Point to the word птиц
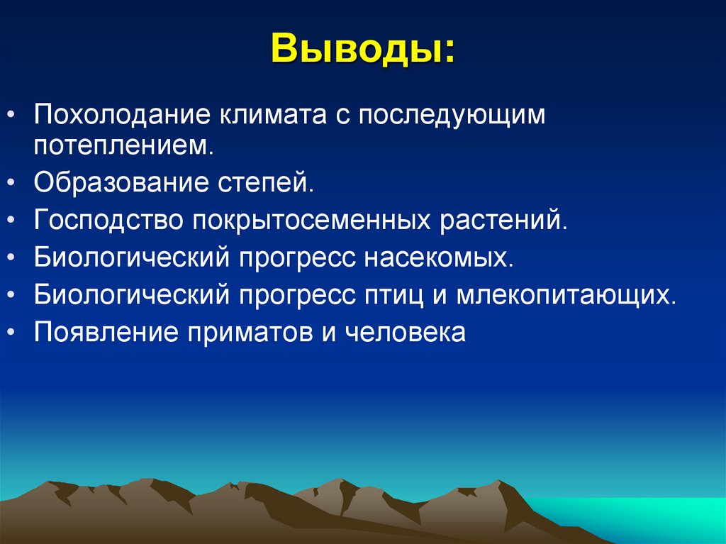click(393, 294)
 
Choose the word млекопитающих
click(564, 294)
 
